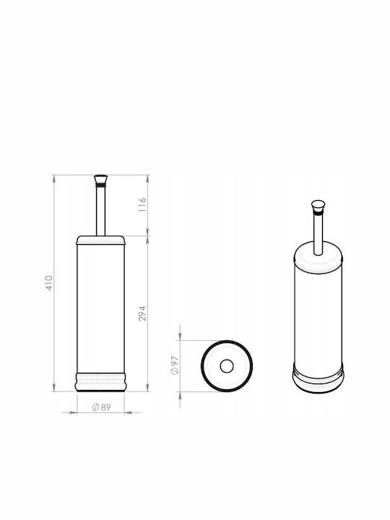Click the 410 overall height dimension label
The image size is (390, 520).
click(49, 283)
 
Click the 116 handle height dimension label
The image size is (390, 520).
click(142, 204)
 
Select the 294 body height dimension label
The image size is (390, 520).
click(142, 313)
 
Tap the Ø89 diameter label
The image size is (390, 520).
click(102, 407)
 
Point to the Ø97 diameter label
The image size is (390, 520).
click(175, 365)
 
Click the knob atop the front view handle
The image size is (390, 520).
click(101, 180)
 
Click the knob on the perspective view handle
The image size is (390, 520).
click(318, 207)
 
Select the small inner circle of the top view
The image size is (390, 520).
click(227, 366)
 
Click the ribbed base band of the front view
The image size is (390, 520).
click(101, 382)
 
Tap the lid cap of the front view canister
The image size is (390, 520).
click(101, 240)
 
